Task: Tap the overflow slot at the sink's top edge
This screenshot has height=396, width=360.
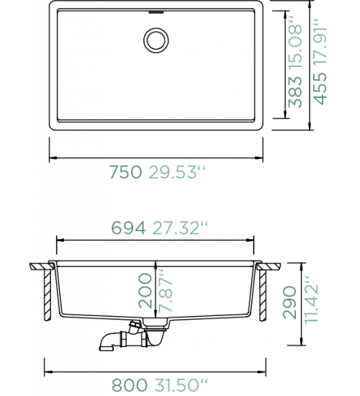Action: click(156, 12)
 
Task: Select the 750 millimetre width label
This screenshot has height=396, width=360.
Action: click(125, 172)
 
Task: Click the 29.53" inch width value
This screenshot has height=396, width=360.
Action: click(177, 172)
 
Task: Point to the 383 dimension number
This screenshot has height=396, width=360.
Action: click(295, 92)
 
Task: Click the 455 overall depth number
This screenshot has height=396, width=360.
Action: click(320, 89)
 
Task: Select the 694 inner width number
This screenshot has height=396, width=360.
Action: click(129, 228)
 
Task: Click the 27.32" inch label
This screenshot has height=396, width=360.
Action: click(181, 228)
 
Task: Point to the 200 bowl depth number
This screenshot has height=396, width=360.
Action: click(145, 291)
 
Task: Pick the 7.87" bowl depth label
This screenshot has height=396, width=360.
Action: click(165, 290)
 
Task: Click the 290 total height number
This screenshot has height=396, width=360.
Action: click(289, 302)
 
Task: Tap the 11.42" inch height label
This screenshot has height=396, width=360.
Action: click(311, 300)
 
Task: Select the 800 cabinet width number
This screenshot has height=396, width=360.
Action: click(130, 385)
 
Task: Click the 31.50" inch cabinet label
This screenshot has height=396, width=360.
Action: click(181, 385)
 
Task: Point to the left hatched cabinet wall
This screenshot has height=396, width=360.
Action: click(48, 295)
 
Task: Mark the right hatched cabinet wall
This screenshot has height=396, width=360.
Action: click(263, 295)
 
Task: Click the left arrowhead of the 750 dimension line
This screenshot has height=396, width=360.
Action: click(53, 158)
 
